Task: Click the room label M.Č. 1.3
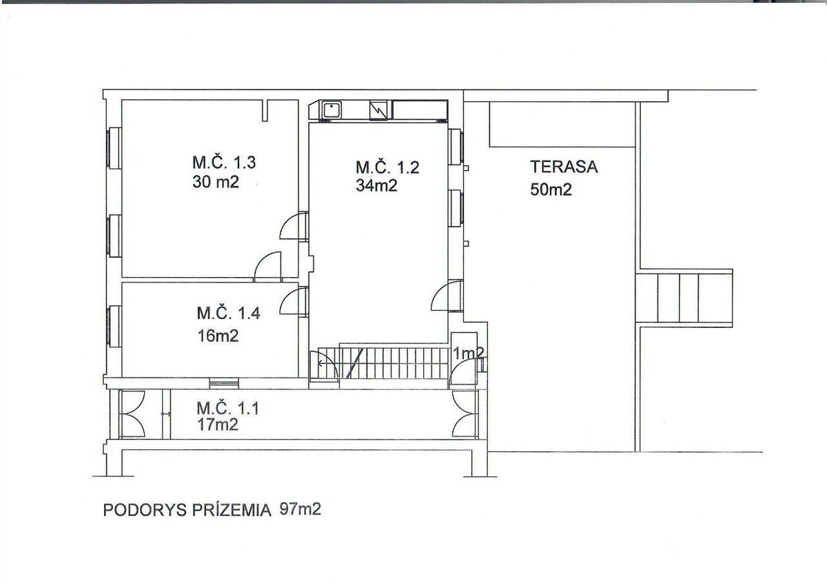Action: (224, 163)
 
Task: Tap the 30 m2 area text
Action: (216, 182)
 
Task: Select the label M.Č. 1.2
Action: (387, 167)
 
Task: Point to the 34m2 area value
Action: (376, 185)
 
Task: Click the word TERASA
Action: (564, 167)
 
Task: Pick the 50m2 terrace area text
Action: (551, 189)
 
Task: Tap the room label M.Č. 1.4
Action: (228, 313)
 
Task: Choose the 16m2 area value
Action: (218, 336)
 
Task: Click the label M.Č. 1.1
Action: (227, 408)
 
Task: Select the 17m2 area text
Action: (217, 425)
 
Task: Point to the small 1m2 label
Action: (468, 353)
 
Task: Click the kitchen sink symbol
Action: (332, 110)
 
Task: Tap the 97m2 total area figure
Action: (300, 509)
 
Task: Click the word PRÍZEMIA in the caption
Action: (232, 510)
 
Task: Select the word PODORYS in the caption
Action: (145, 510)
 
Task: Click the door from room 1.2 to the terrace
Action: (447, 296)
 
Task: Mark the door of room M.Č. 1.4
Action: (294, 302)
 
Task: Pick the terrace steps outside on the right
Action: (684, 298)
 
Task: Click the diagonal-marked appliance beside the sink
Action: (378, 110)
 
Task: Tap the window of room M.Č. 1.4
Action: (114, 327)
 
